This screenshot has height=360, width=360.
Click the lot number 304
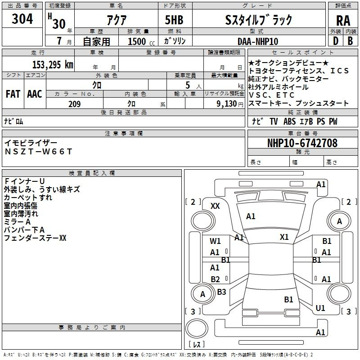22,19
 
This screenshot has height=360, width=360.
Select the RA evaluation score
343,20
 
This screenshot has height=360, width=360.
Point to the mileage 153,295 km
53,64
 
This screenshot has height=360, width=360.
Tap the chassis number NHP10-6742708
302,144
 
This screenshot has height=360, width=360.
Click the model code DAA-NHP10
258,41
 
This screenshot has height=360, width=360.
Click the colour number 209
74,104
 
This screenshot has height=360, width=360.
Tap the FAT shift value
13,94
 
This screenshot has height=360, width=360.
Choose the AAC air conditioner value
34,94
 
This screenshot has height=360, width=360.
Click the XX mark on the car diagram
215,206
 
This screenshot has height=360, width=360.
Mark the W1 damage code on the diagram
215,241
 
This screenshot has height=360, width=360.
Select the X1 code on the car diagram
284,237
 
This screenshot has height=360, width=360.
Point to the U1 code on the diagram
320,308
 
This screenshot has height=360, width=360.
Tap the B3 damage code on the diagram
221,292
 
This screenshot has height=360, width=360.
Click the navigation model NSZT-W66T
38,151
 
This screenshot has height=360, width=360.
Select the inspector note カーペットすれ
28,198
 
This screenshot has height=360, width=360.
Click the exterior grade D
335,41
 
